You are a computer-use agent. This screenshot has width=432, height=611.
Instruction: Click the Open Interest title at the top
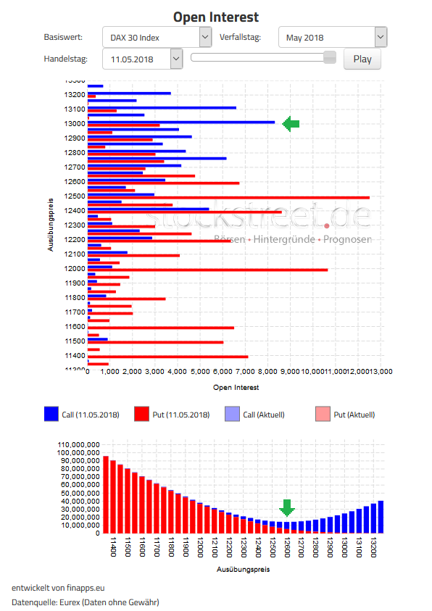tap(215, 17)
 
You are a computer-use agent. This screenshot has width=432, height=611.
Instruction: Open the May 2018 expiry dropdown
tap(333, 37)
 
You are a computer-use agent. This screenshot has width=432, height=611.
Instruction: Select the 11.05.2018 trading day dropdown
tap(144, 59)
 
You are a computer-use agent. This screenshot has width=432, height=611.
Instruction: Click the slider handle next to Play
tap(330, 57)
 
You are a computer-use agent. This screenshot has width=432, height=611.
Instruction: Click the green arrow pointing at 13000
tap(291, 124)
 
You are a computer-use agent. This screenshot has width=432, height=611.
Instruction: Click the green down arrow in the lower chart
tap(287, 507)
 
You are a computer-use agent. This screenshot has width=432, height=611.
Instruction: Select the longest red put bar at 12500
tap(228, 197)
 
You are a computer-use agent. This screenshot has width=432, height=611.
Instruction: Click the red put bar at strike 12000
tap(207, 270)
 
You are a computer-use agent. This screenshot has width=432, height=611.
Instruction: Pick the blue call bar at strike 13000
tap(181, 122)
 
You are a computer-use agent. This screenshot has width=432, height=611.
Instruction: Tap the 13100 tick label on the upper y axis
tap(75, 109)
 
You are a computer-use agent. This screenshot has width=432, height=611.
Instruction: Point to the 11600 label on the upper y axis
tap(75, 326)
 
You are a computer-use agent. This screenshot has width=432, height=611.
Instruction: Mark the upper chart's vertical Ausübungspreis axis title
tap(51, 225)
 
